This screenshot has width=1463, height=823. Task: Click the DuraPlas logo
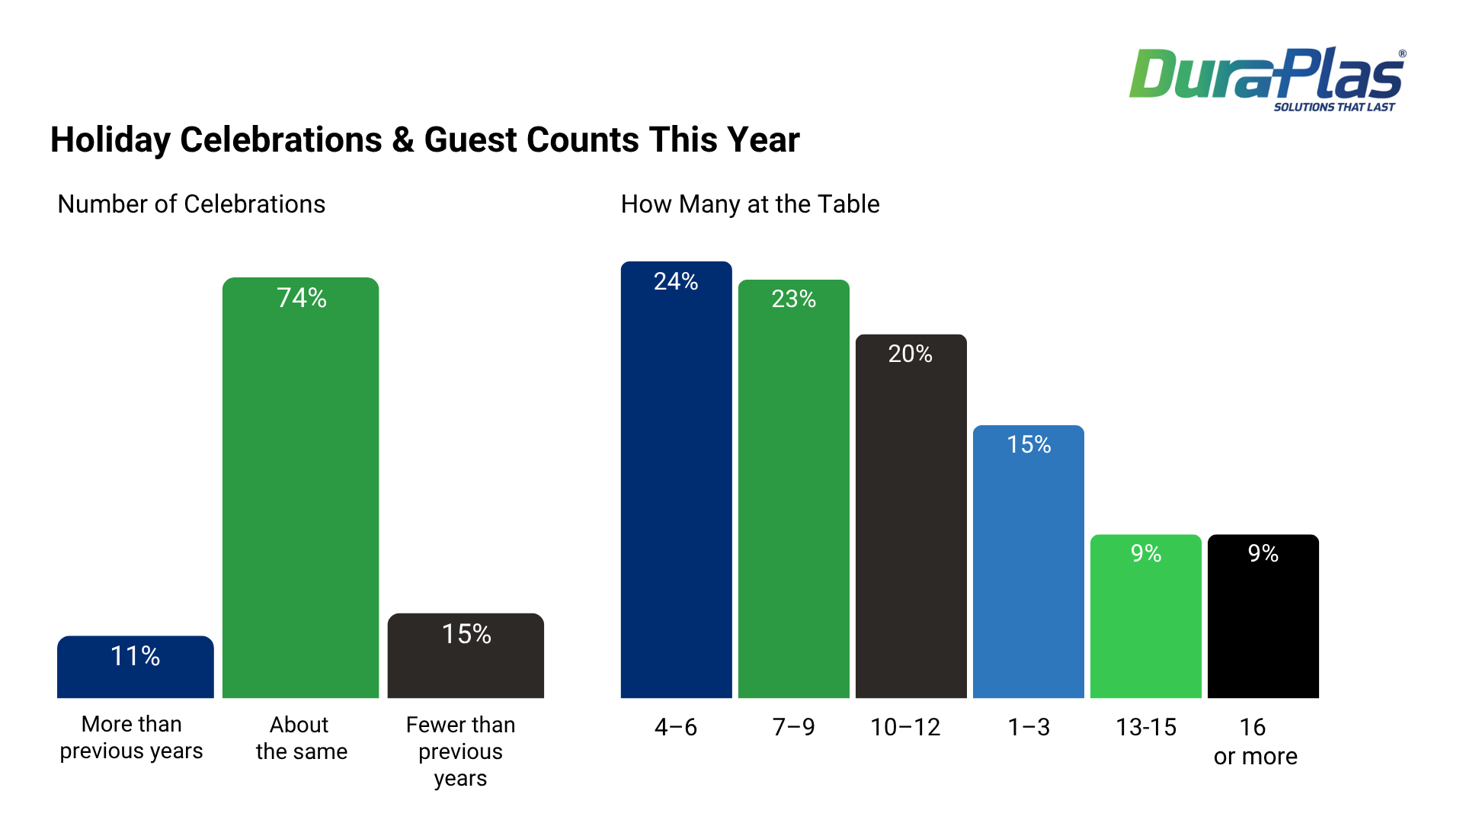tap(1266, 78)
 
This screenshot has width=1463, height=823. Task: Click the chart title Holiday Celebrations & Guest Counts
tap(424, 140)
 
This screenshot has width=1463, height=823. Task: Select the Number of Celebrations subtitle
tap(191, 204)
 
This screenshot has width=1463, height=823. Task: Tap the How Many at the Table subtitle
tap(750, 204)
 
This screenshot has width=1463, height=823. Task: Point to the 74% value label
tap(302, 298)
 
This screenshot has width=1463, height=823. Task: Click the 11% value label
tap(135, 656)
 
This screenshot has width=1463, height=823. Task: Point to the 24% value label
tap(676, 282)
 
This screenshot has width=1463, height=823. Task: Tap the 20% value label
tap(911, 354)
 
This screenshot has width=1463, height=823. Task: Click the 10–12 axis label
tap(905, 728)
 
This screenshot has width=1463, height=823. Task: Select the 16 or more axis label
tap(1255, 741)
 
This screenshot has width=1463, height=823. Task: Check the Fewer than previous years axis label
tap(460, 751)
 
